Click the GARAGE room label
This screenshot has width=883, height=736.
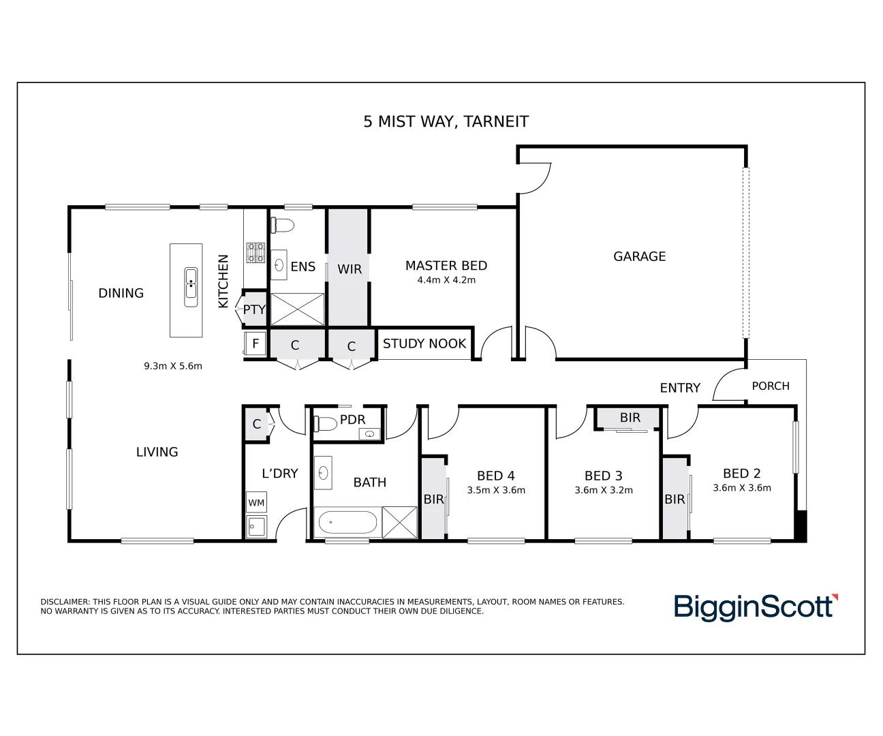639,256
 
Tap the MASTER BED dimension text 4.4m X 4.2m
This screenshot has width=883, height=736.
446,280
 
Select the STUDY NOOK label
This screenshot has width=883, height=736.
424,343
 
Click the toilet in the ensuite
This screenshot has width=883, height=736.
282,225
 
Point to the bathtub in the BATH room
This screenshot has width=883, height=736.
347,523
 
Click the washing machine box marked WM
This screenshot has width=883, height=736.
256,502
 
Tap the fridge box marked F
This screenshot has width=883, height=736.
255,343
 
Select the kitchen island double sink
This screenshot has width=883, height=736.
191,287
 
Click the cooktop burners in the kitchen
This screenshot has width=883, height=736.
256,253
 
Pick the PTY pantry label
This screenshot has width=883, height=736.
254,309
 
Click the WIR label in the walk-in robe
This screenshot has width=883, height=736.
350,269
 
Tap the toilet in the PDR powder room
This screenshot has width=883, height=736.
325,423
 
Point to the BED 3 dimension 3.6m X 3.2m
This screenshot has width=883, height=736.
604,490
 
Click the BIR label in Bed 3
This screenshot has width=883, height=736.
630,418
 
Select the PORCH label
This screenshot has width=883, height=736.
771,386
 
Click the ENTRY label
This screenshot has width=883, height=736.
680,388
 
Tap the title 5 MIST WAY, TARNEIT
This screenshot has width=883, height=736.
446,122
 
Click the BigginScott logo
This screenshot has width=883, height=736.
756,607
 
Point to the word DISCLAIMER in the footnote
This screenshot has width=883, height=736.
65,602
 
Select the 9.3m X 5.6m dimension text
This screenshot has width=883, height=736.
173,367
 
